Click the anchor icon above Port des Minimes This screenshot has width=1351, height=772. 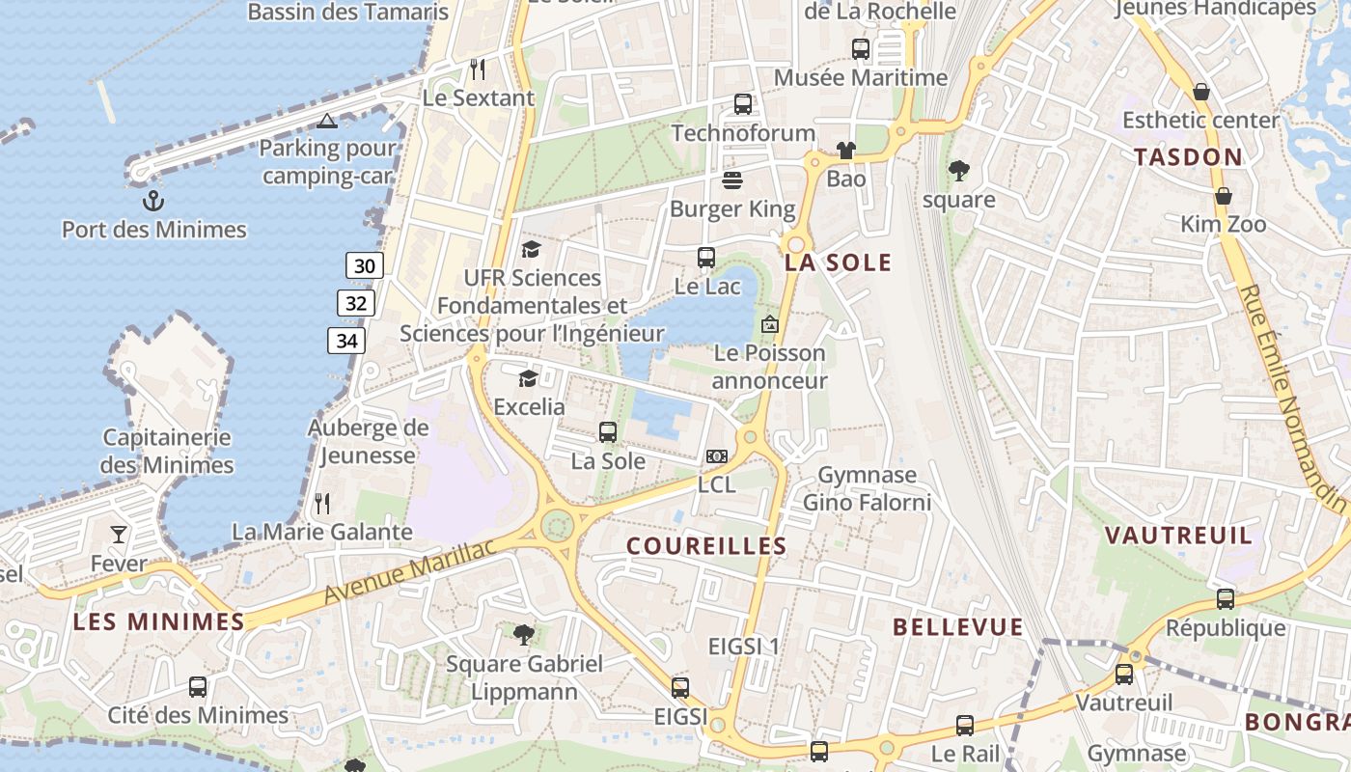(152, 201)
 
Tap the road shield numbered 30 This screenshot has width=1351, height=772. (365, 265)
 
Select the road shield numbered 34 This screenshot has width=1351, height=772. (346, 341)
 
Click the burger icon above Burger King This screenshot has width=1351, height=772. (732, 180)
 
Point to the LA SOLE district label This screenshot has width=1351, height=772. (838, 262)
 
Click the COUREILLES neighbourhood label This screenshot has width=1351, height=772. (706, 546)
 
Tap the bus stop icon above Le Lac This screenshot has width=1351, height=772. (706, 258)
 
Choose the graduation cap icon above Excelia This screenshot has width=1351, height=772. (528, 377)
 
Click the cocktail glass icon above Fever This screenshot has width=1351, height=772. (119, 534)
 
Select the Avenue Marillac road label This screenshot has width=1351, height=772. (409, 572)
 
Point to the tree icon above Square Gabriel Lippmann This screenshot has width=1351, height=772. (524, 635)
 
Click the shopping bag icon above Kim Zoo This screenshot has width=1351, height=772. (1224, 197)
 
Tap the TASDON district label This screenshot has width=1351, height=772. (1188, 157)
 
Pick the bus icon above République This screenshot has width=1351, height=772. (1226, 599)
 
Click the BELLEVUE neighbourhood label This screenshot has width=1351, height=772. (957, 627)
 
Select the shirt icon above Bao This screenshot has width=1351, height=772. (845, 151)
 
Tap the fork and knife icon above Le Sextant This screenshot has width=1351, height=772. (478, 69)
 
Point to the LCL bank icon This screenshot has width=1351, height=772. (716, 456)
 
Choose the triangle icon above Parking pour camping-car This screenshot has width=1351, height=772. (327, 121)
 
